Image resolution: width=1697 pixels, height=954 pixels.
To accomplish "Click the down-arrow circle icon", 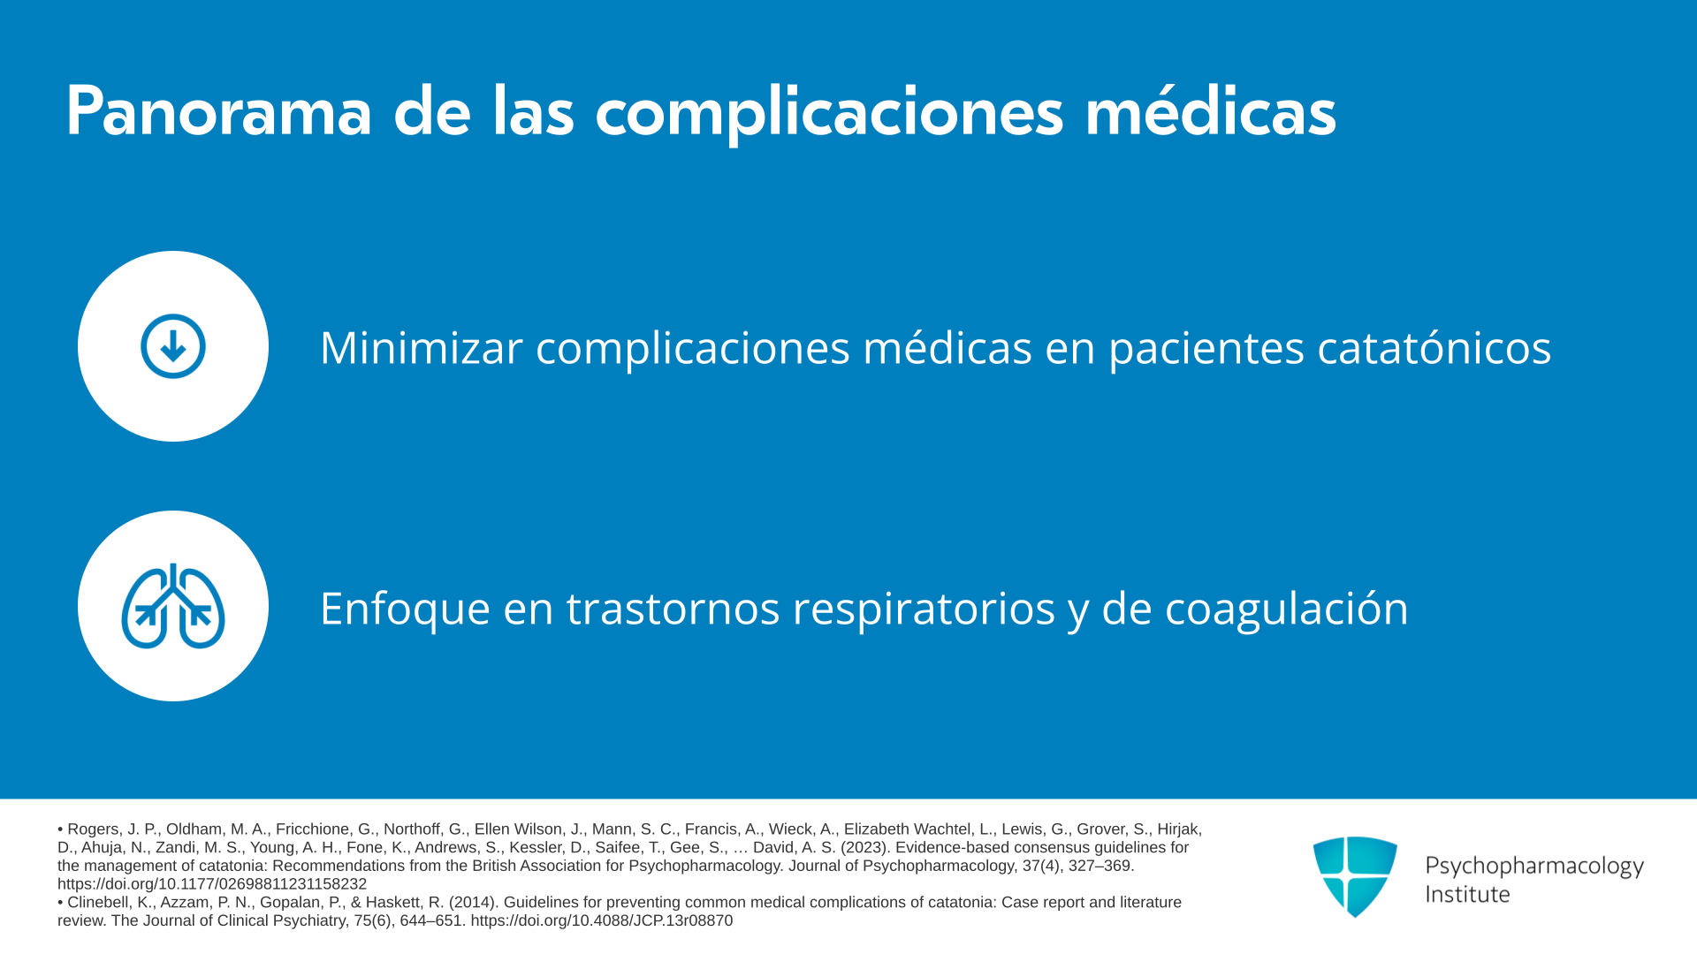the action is point(173,346).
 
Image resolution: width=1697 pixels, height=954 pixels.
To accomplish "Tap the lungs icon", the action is point(173,606).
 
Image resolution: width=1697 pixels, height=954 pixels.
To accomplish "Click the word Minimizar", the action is point(422,347).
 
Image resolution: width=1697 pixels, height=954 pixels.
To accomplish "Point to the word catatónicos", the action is point(1434,347).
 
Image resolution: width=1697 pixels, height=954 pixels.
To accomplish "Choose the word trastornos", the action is point(673,609).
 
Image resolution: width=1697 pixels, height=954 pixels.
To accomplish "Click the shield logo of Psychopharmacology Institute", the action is point(1355,876).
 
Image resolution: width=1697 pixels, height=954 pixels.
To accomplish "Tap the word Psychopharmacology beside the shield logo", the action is point(1534,867).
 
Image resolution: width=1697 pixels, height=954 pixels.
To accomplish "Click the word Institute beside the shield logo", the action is point(1467,894).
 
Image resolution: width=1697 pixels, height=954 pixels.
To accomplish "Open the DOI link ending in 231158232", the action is point(212,884).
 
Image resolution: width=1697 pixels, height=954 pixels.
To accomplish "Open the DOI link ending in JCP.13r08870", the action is point(601,920).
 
